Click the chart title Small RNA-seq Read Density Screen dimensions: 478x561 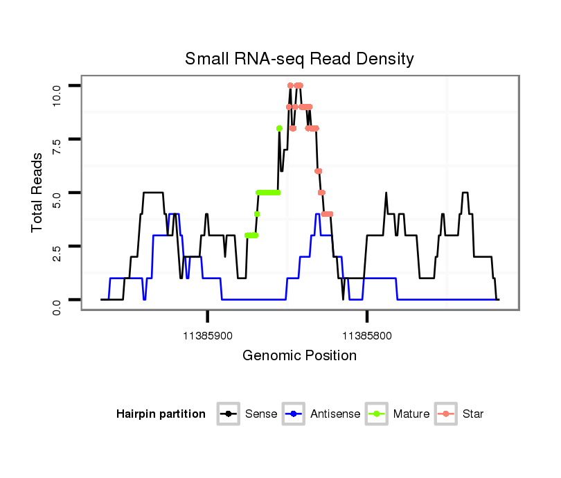[x=299, y=59]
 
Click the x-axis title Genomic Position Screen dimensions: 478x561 [x=299, y=356]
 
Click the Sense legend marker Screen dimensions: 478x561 [x=228, y=414]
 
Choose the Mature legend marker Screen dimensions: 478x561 [x=376, y=414]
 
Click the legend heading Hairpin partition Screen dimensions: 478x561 [x=161, y=414]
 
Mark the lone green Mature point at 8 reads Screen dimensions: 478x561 [x=279, y=128]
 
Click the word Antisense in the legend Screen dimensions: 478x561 [x=335, y=414]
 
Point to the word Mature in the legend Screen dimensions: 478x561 [x=411, y=414]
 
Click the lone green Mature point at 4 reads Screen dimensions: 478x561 [x=257, y=214]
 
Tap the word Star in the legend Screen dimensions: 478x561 [x=473, y=414]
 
